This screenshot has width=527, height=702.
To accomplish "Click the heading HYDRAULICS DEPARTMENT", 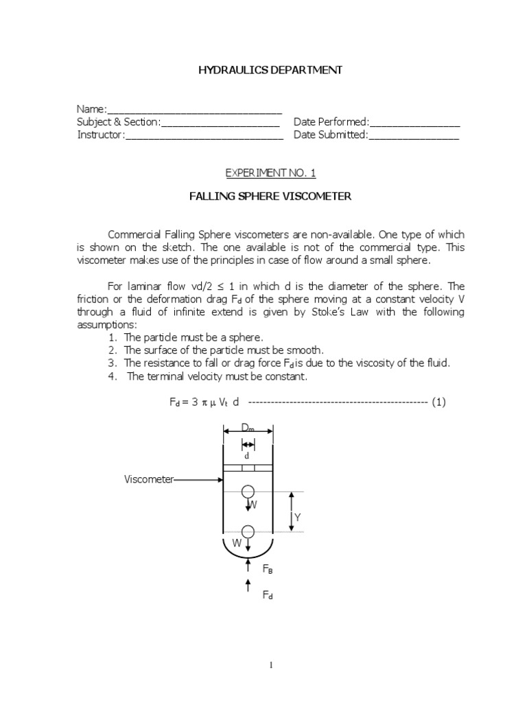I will click(x=270, y=70).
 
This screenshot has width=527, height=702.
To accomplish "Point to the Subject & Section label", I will click(x=117, y=123).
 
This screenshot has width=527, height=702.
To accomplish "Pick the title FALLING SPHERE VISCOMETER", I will click(x=270, y=197).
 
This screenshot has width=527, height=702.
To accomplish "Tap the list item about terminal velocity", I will click(x=217, y=377).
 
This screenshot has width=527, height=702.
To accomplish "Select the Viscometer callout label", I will click(x=149, y=480).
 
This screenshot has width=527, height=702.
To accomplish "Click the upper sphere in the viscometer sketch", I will click(x=248, y=492).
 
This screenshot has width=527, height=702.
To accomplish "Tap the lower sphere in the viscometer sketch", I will click(x=248, y=531).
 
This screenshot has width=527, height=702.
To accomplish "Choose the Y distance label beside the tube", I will click(x=298, y=517).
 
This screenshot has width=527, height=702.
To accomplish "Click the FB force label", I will click(x=268, y=569).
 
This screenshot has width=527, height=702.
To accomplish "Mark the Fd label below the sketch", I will click(x=268, y=596).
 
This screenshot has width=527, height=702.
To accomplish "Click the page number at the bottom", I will click(x=270, y=665).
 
